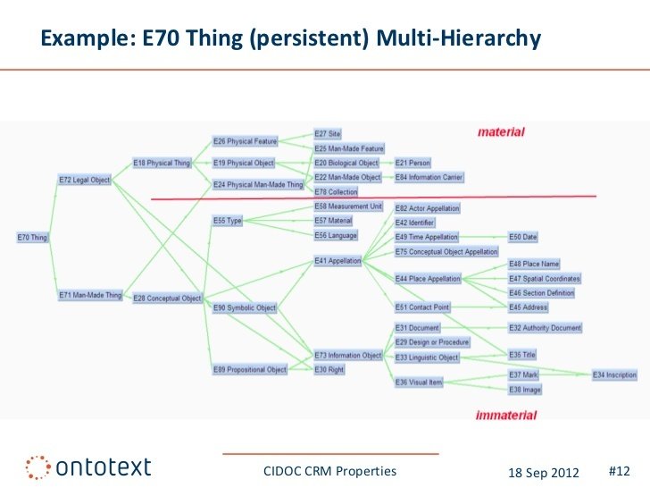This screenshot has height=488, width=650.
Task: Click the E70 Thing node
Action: pos(32,238)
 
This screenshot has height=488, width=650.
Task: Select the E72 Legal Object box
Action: pos(85,180)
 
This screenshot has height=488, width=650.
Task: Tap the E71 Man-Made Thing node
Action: pos(89,295)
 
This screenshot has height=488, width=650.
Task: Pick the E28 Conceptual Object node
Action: pos(167,298)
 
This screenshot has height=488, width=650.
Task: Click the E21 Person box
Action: pos(413,163)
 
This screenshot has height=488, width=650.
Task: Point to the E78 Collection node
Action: pos(336,192)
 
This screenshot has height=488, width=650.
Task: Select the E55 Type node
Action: pos(228,220)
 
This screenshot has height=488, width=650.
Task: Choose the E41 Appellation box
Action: pos(337,261)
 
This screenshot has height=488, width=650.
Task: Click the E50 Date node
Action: pos(523,237)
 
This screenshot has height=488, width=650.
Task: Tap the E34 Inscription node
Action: pos(615,375)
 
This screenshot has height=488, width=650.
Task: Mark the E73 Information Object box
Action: pos(348,356)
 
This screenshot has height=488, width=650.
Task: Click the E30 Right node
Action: pos(329,370)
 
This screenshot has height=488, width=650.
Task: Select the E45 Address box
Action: pos(529,307)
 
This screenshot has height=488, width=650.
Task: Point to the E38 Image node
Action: pos(525,390)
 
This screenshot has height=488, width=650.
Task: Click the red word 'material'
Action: pos(501,132)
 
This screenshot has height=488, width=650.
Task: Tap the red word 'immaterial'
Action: pos(506,416)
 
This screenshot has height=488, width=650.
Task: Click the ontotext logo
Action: pos(88,467)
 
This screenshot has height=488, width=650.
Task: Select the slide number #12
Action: pos(619,470)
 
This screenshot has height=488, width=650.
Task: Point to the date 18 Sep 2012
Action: pos(544,471)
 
